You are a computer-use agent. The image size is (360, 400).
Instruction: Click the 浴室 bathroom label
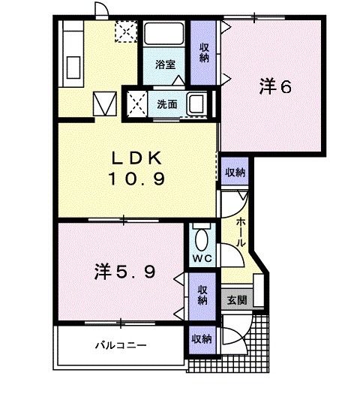coord(165,65)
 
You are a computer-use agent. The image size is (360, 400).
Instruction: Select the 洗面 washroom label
coord(166,104)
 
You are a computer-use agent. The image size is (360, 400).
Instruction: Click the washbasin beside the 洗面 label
coord(198,103)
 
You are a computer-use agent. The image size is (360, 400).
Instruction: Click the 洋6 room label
coord(274,87)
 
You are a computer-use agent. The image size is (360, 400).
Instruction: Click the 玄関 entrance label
coord(235,298)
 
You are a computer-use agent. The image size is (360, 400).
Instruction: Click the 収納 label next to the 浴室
coord(204,53)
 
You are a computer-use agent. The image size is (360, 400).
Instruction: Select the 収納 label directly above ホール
coord(235,173)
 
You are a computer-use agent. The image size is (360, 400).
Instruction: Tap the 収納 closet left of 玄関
coord(202,294)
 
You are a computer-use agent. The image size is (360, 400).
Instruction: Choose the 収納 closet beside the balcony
coord(201,338)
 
